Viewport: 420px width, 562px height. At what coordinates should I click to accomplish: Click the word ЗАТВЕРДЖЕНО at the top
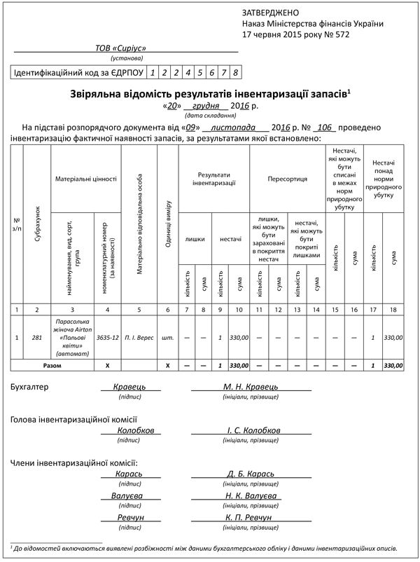coord(270,13)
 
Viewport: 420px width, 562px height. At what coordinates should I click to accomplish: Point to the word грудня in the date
coord(204,106)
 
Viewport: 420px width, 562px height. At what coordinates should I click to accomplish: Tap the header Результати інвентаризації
coord(213,179)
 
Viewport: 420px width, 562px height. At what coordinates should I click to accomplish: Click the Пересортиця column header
coord(287,179)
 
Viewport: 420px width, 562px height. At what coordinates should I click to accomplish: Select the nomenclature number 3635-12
coord(107,337)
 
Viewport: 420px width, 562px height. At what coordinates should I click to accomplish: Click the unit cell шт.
coord(168,337)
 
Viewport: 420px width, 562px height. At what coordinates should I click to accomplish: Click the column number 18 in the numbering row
coord(394,309)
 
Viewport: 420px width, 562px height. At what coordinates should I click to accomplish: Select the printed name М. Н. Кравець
coord(251,386)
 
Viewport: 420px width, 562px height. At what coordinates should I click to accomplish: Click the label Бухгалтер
coord(31,387)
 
